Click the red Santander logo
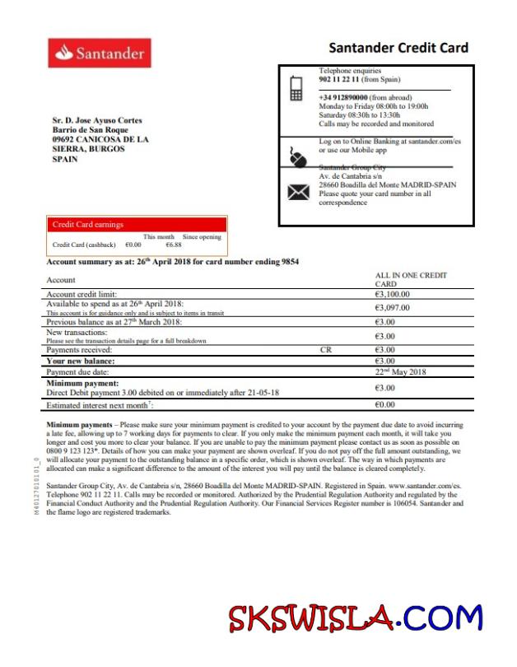coord(100,54)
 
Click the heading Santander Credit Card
coord(398,48)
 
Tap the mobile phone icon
coord(297,87)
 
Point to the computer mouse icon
coord(297,156)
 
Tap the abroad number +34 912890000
coord(343,97)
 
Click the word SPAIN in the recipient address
coord(65,160)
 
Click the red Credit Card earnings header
coord(136,224)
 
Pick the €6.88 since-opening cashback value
coord(173,245)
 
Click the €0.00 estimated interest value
coord(385,405)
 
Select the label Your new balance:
coord(80,361)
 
